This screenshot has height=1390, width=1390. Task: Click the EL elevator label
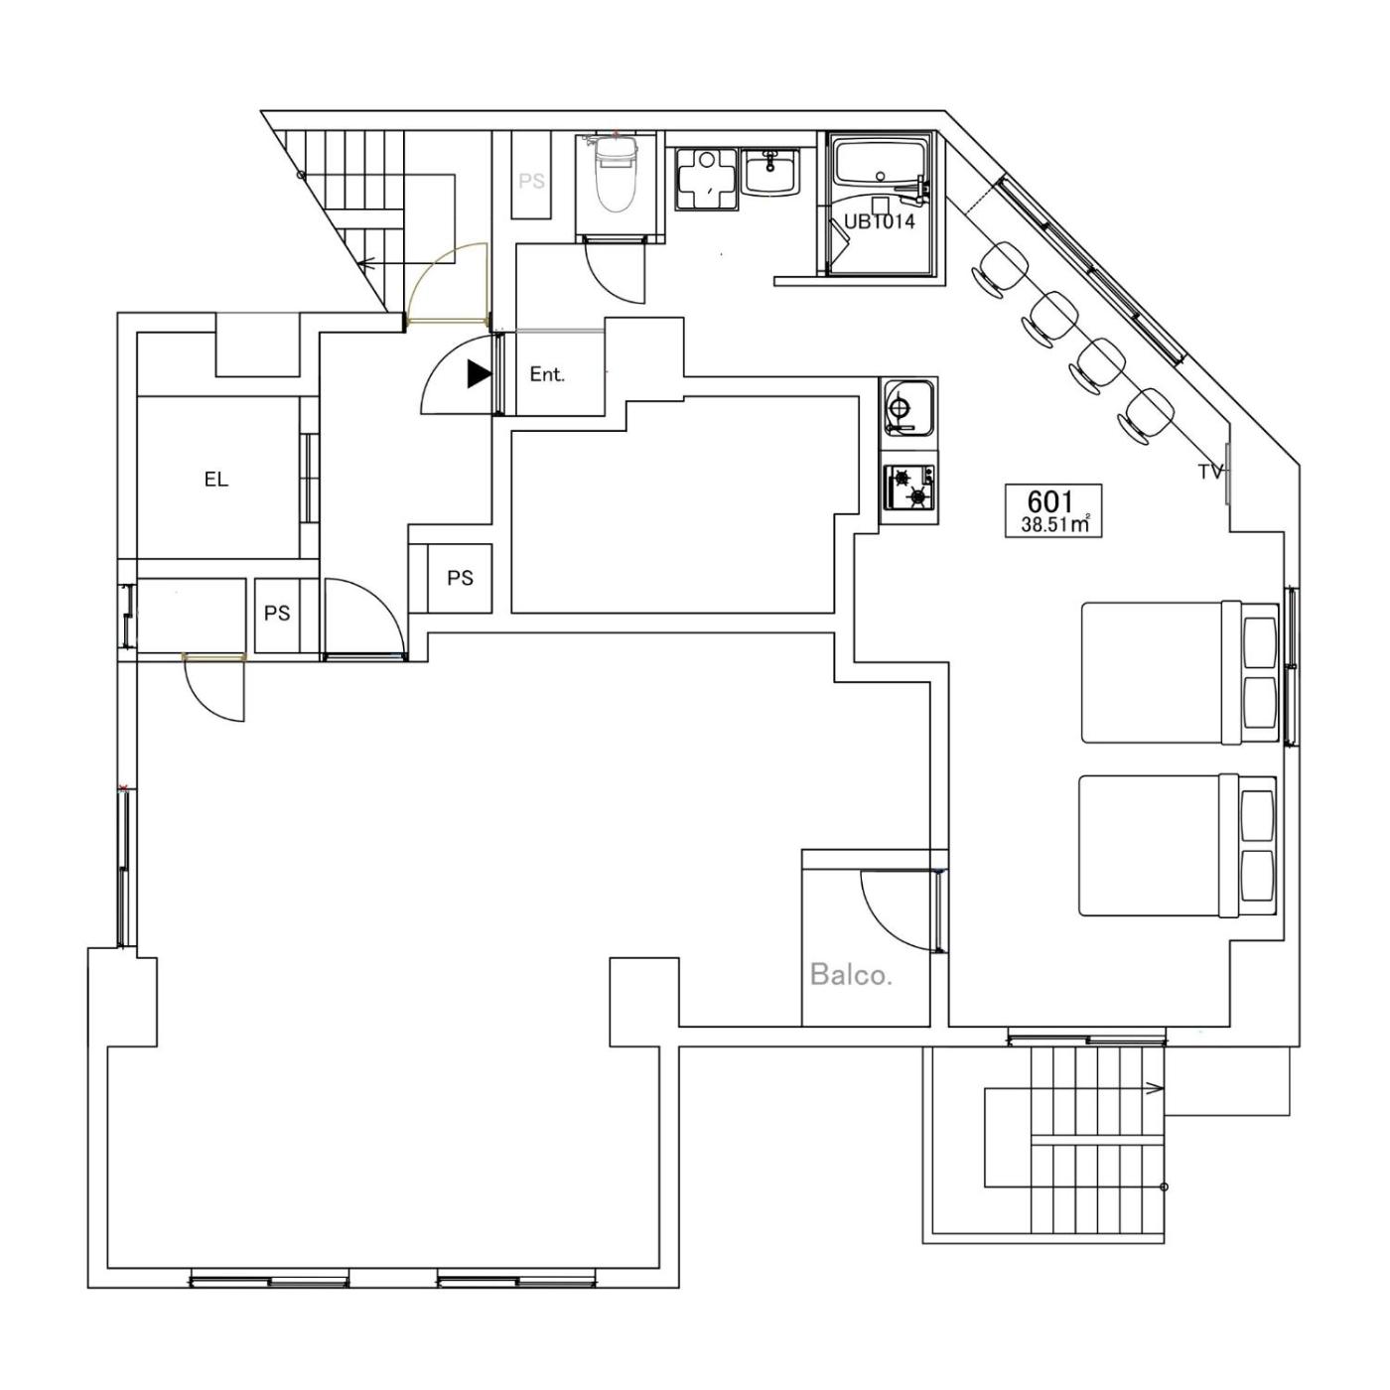(216, 479)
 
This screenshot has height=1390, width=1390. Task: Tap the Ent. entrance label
(547, 374)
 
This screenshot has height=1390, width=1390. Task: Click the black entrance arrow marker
(480, 373)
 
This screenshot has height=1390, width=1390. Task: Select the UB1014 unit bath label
(880, 221)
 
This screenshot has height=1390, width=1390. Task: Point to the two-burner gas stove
(909, 486)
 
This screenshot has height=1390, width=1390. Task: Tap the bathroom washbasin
(771, 171)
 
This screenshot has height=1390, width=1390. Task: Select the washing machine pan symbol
(706, 178)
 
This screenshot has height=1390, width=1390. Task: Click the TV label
(1210, 473)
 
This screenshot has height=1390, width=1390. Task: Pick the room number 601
(1051, 500)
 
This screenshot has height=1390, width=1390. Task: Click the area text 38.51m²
(1054, 524)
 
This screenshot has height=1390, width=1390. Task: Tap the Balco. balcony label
(851, 975)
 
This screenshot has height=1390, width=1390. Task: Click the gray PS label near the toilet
(531, 181)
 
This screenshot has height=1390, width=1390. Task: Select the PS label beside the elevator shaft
(277, 614)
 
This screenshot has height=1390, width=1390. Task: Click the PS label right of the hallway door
(461, 578)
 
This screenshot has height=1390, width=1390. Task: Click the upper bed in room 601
(1180, 672)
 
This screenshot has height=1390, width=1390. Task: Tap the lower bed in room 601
(1178, 846)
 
